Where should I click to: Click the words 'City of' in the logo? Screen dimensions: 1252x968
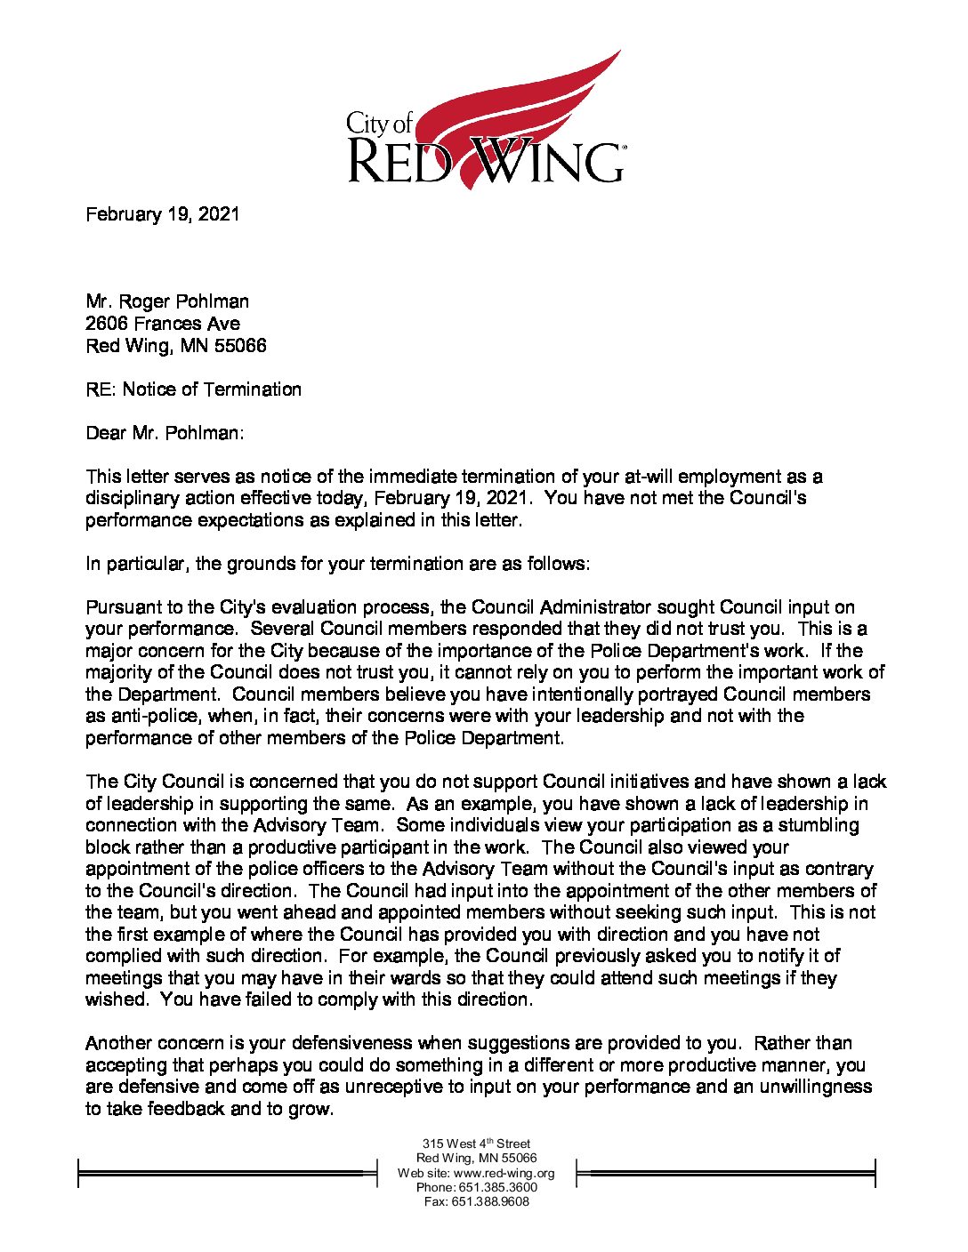380,123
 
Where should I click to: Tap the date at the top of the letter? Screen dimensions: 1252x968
162,214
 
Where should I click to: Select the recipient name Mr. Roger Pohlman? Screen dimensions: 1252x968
167,301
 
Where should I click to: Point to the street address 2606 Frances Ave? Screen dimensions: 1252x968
163,324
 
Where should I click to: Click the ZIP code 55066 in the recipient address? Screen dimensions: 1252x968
239,345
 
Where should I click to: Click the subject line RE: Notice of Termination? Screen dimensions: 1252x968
193,389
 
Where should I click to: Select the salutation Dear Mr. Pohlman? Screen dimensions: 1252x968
164,433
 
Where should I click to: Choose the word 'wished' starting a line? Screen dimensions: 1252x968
116,999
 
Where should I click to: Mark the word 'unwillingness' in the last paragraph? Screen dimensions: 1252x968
815,1087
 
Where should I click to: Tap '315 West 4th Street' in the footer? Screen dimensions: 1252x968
476,1144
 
